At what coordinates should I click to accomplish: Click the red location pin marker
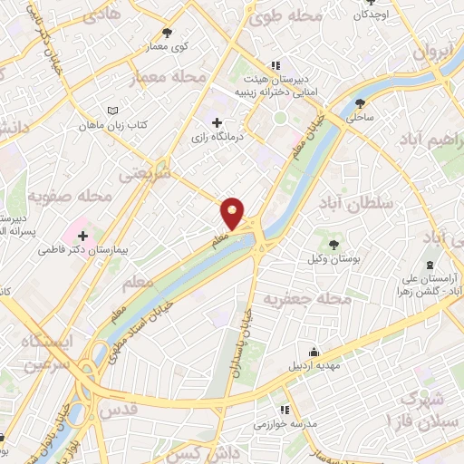pos(233,213)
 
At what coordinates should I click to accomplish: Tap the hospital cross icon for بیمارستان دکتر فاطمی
pos(82,236)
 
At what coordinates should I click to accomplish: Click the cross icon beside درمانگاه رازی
pos(216,122)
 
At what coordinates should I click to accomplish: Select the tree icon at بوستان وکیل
pos(333,244)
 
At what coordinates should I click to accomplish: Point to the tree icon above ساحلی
pos(361,103)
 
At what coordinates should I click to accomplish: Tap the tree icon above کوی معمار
pos(167,33)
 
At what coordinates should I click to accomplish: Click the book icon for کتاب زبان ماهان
pos(112,110)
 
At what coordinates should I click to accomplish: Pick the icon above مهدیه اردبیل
pos(314,353)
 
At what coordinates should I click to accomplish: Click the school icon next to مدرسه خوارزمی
pos(285,410)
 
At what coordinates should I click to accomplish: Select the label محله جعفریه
pos(306,298)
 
